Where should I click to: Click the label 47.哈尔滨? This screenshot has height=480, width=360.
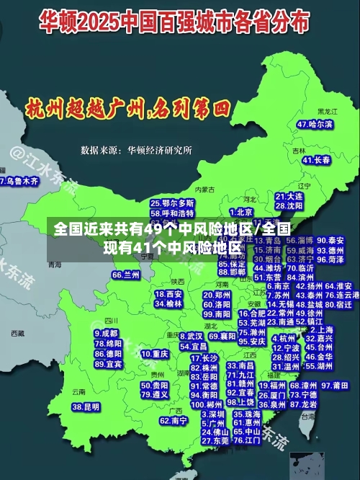(x=315, y=125)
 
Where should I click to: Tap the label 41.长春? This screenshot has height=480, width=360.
(x=317, y=160)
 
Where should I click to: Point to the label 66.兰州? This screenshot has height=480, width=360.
(x=126, y=275)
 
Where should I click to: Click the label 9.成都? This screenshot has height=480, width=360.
(x=106, y=334)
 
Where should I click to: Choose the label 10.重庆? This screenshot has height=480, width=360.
(x=155, y=354)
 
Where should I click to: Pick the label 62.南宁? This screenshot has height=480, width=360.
(x=174, y=420)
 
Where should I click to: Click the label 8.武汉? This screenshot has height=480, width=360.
(x=191, y=336)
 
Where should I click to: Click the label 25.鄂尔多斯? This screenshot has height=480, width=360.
(x=172, y=203)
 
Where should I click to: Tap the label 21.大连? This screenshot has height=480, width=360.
(x=289, y=196)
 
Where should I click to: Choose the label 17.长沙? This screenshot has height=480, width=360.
(x=204, y=358)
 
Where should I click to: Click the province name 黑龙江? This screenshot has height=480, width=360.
(x=328, y=112)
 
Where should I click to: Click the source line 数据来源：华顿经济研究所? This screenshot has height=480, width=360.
(x=136, y=150)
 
